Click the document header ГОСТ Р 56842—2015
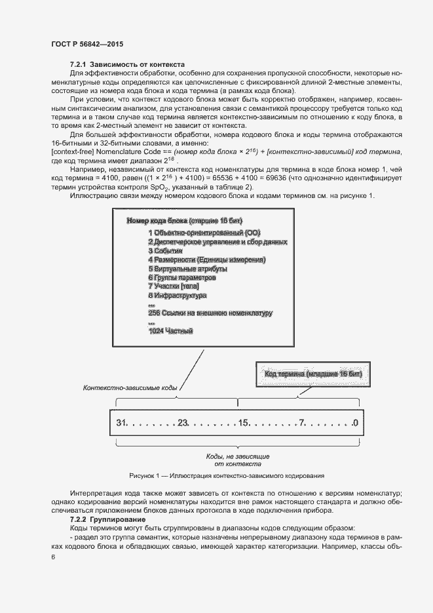86,44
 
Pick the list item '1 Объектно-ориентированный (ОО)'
204,233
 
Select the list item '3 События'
165,250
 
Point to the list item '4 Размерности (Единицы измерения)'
206,260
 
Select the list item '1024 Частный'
170,331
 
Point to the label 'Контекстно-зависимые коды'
130,387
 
